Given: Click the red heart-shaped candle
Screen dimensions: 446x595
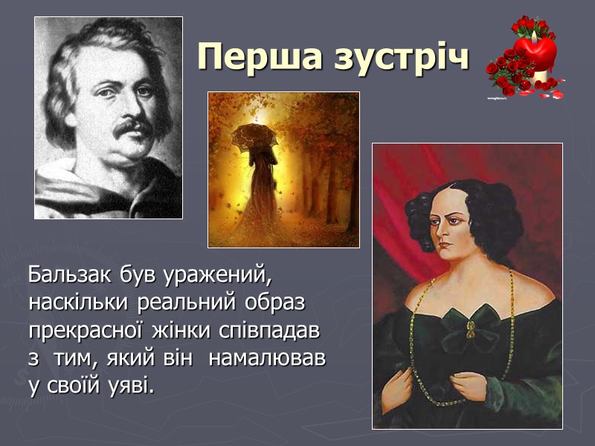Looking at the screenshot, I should click(535, 50).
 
